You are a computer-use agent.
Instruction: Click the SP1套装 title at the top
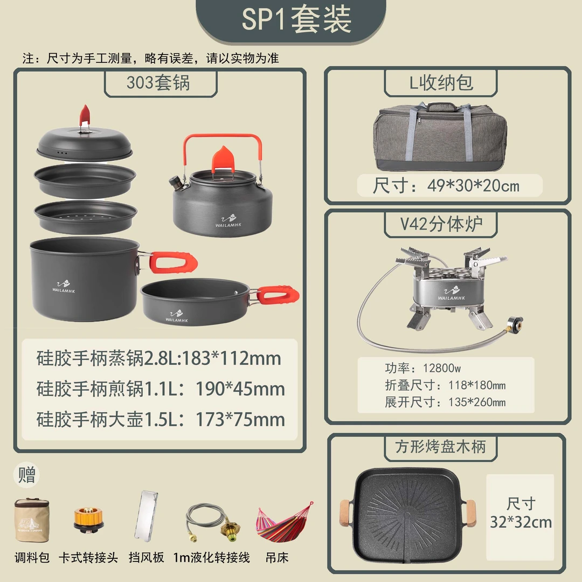[296, 20]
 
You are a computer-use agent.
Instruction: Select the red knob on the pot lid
[85, 114]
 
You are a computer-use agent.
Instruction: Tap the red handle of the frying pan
[278, 294]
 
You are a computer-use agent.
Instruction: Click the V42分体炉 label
[441, 224]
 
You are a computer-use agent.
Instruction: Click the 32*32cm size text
[521, 522]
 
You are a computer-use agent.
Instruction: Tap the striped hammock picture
[284, 522]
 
